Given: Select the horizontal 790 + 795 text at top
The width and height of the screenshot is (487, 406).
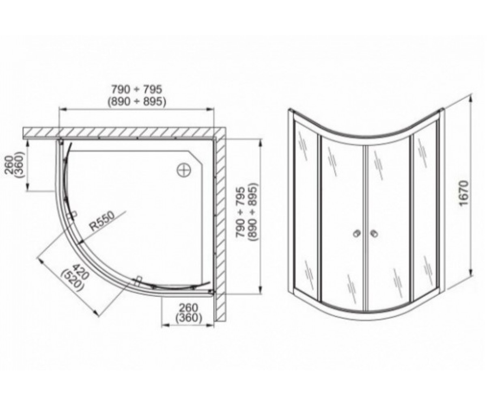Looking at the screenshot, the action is pyautogui.click(x=137, y=89).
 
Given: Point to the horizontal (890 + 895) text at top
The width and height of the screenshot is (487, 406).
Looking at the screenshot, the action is pyautogui.click(x=137, y=102).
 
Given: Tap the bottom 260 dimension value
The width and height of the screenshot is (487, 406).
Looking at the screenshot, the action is pyautogui.click(x=188, y=308).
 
